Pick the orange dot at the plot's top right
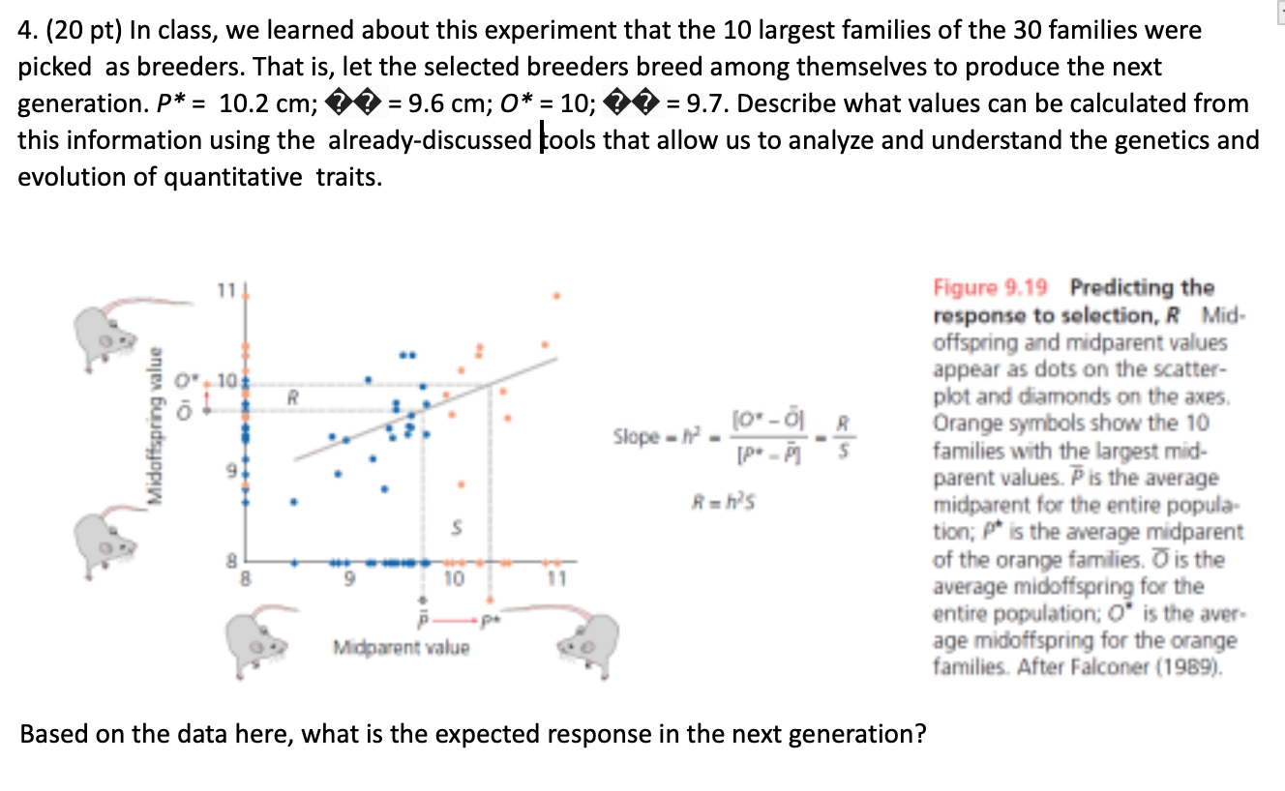tap(555, 295)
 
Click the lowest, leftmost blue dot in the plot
tap(294, 501)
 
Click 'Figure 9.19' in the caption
tap(997, 288)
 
